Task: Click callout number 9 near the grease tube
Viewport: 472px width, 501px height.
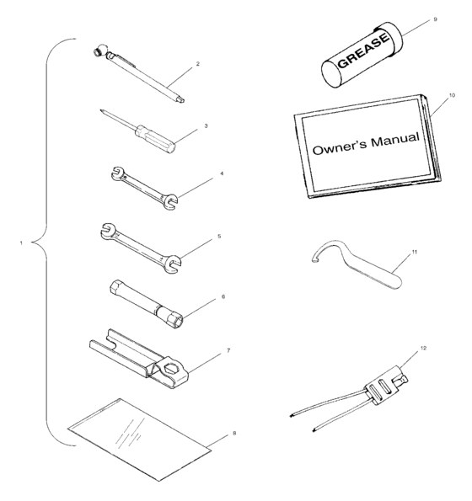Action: coord(434,18)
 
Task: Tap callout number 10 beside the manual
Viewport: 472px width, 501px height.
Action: coord(451,97)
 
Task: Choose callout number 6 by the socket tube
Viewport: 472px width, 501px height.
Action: coord(223,297)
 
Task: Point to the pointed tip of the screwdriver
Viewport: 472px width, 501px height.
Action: coord(101,109)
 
